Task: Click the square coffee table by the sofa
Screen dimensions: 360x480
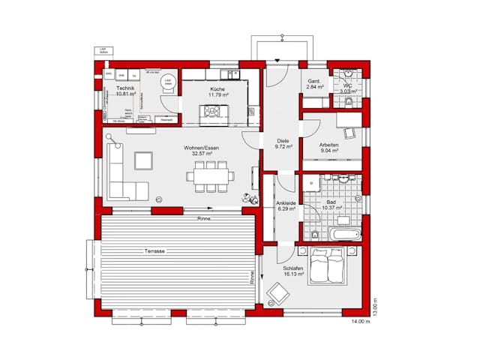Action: coord(142,160)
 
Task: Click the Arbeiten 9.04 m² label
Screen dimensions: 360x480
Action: coord(329,148)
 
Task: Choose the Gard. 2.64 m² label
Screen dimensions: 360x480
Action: coord(315,84)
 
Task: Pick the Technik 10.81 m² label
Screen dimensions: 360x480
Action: coord(121,91)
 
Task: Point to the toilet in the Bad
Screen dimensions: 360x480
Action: coord(316,235)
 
